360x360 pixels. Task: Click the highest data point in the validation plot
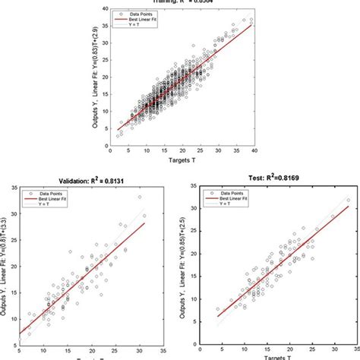pyautogui.click(x=139, y=197)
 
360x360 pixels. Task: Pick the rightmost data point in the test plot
pyautogui.click(x=349, y=201)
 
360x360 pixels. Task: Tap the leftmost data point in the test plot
pyautogui.click(x=218, y=309)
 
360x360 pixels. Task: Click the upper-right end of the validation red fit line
pyautogui.click(x=144, y=224)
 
